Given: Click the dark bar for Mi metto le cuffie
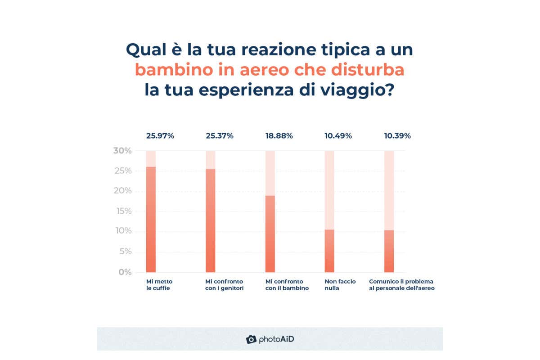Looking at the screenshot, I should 151,220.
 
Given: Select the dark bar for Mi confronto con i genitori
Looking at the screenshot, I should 210,220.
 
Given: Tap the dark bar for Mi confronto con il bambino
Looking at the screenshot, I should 270,234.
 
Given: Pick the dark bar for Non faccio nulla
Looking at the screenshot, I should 329,251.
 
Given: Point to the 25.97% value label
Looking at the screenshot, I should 160,135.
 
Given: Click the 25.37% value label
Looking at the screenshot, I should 220,135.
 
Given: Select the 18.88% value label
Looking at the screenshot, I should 279,135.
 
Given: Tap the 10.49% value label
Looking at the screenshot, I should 338,135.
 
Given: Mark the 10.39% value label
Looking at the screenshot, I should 397,135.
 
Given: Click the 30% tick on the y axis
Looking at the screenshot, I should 122,151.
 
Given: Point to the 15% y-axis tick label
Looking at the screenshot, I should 122,211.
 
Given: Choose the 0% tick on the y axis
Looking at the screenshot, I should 125,272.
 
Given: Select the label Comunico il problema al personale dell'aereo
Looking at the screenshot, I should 402,285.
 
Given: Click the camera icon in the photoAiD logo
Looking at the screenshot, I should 251,339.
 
